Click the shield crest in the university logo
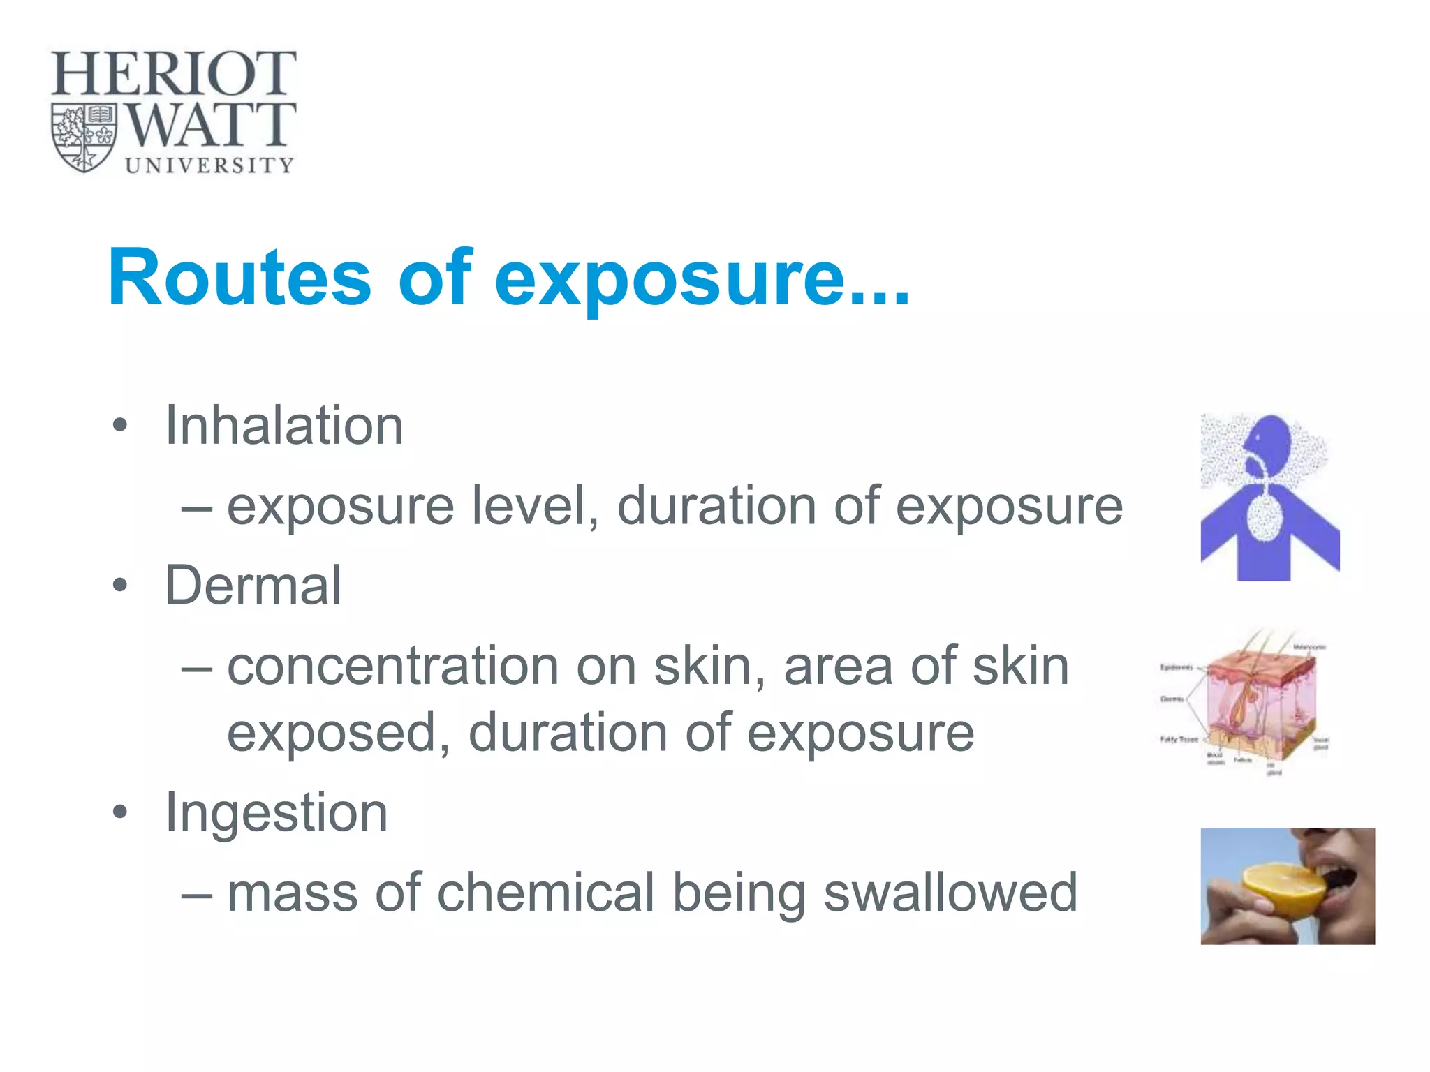(x=84, y=138)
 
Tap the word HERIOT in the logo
(x=173, y=74)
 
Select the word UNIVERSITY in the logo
(x=209, y=165)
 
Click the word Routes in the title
(x=239, y=278)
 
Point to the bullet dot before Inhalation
(x=120, y=425)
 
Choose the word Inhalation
(x=283, y=425)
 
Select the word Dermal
(x=253, y=585)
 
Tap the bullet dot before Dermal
(x=120, y=585)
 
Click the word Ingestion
(x=276, y=812)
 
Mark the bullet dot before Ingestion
(x=120, y=812)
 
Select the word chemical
(x=545, y=892)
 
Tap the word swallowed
(x=950, y=892)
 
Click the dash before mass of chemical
(x=196, y=894)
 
